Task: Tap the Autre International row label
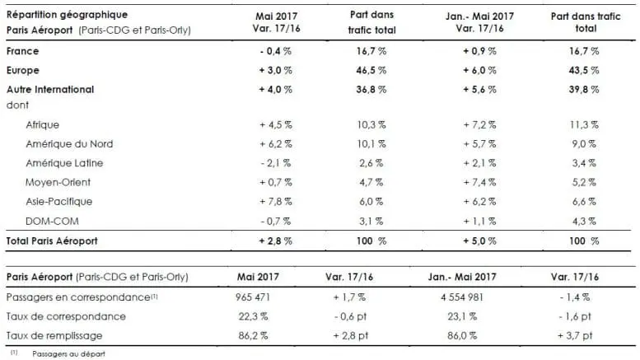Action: pos(50,89)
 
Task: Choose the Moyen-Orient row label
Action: pos(63,181)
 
